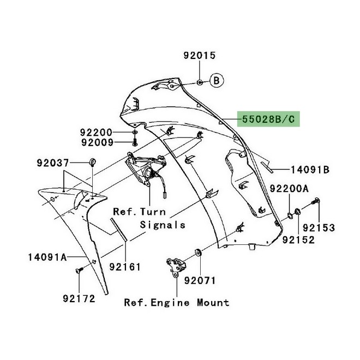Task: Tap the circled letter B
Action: coord(216,81)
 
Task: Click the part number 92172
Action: coord(79,298)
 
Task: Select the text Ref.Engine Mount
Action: coord(176,302)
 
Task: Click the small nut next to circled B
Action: coord(200,82)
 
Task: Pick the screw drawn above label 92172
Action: coord(80,269)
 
